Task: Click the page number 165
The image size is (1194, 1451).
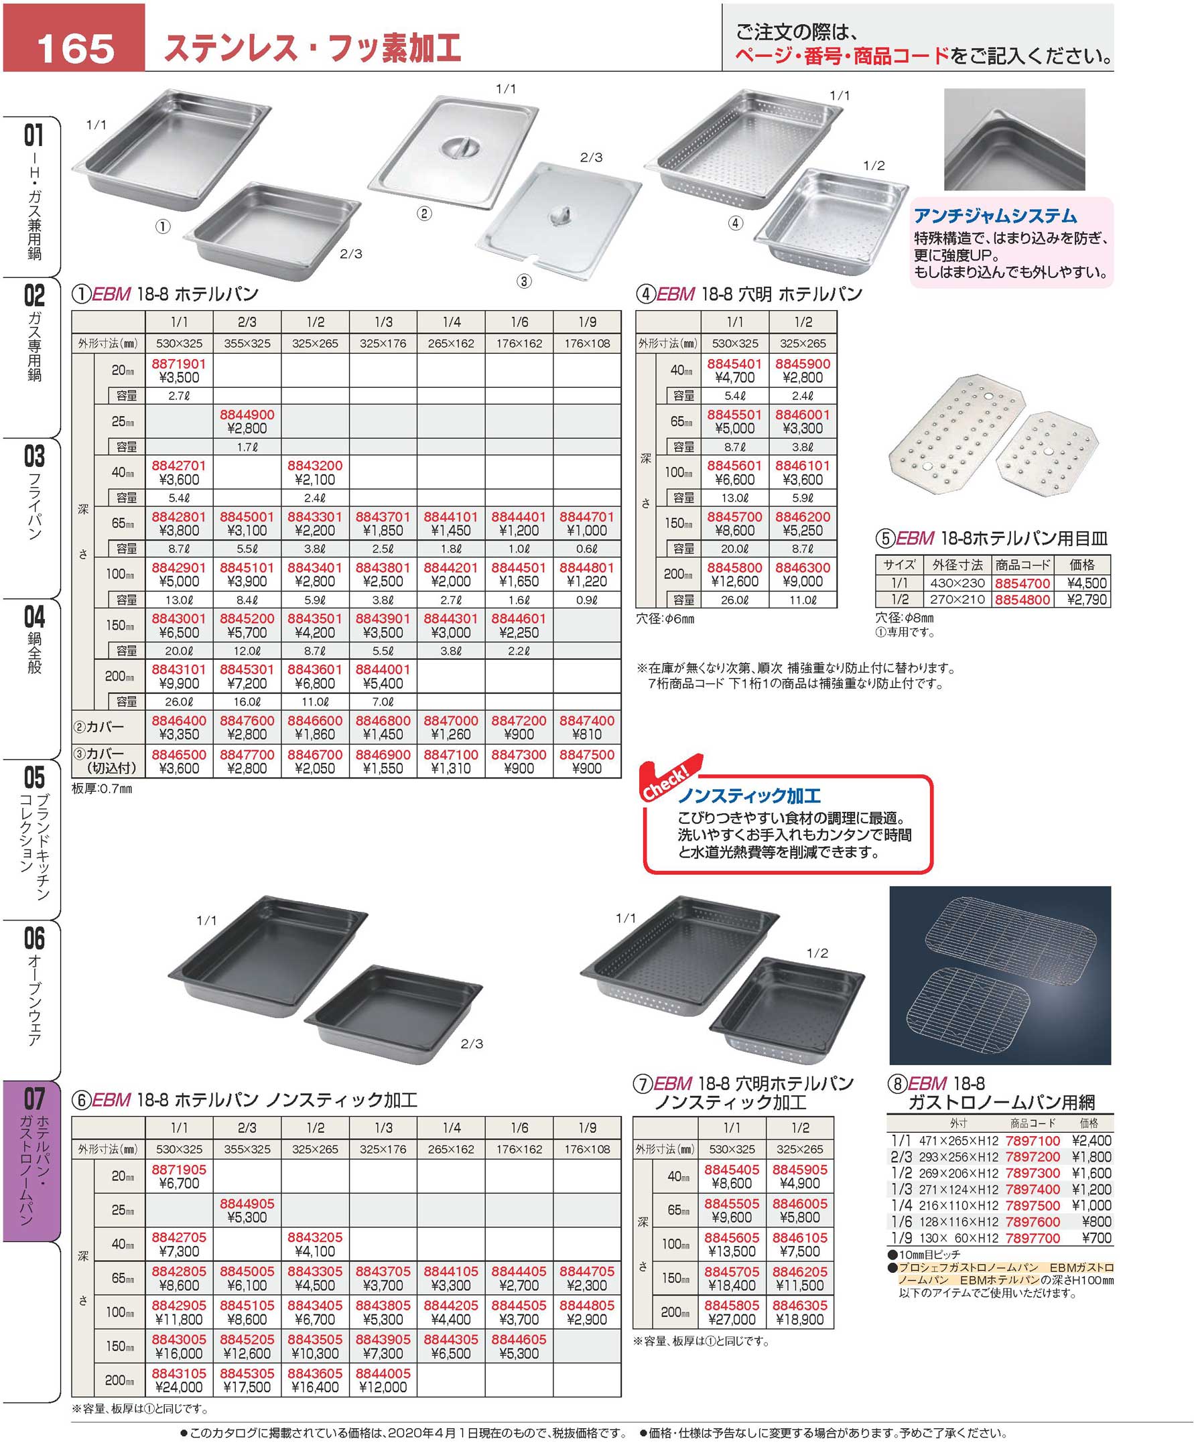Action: [76, 48]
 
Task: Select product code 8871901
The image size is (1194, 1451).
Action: [179, 363]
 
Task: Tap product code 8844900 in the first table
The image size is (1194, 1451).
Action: [247, 414]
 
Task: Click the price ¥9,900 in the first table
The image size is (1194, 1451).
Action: [179, 683]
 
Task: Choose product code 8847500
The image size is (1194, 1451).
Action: [587, 754]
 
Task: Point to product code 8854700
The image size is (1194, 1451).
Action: [1022, 583]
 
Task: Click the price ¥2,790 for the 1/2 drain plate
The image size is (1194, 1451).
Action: [1087, 599]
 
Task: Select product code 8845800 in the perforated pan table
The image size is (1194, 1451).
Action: [734, 567]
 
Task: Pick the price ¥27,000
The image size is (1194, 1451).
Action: [732, 1320]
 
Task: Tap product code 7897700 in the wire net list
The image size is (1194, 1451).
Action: [1033, 1238]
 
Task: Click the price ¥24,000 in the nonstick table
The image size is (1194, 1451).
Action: [179, 1387]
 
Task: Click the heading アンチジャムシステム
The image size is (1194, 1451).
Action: [995, 216]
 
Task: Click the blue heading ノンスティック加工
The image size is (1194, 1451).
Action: [749, 796]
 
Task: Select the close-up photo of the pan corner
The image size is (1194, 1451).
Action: [1014, 139]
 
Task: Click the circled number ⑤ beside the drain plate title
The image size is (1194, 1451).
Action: [884, 539]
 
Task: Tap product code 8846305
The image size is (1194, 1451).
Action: [800, 1305]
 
